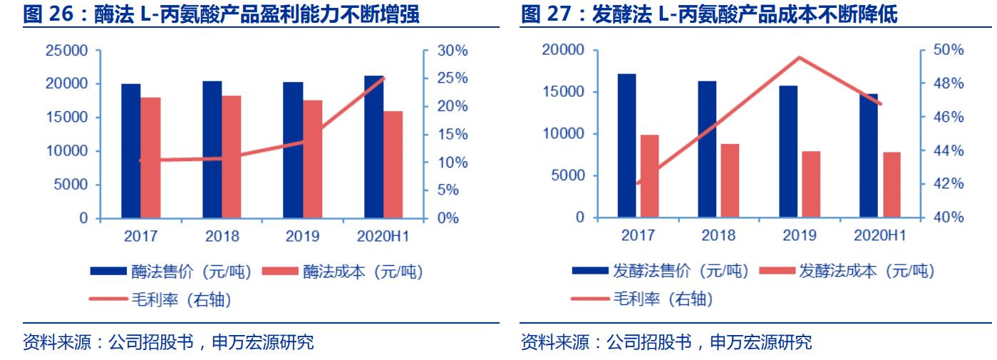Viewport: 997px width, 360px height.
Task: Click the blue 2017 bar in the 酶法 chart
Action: [130, 150]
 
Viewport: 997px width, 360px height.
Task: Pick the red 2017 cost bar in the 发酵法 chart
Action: [649, 175]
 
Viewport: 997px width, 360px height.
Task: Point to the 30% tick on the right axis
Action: [453, 51]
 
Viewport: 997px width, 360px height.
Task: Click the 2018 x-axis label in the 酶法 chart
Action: [222, 236]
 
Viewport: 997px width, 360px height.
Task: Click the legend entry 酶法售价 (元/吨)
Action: [170, 271]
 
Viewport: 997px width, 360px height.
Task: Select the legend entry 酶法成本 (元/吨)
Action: [342, 271]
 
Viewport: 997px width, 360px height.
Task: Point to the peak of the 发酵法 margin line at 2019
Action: [800, 57]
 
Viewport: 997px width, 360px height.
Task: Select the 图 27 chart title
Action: [719, 13]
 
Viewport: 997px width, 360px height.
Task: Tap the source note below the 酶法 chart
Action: [169, 343]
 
